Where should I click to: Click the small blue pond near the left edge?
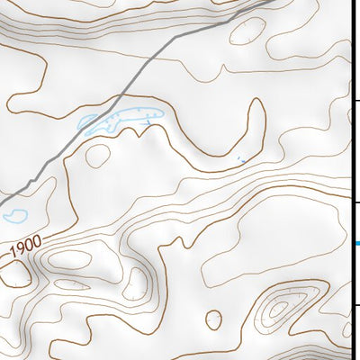click(x=14, y=216)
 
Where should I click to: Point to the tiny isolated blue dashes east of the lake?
click(x=239, y=160)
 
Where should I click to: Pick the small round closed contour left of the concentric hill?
click(x=214, y=319)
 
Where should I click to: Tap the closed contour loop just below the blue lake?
click(x=96, y=156)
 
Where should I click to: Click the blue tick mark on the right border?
click(x=356, y=243)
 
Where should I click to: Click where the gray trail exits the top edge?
click(x=270, y=2)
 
